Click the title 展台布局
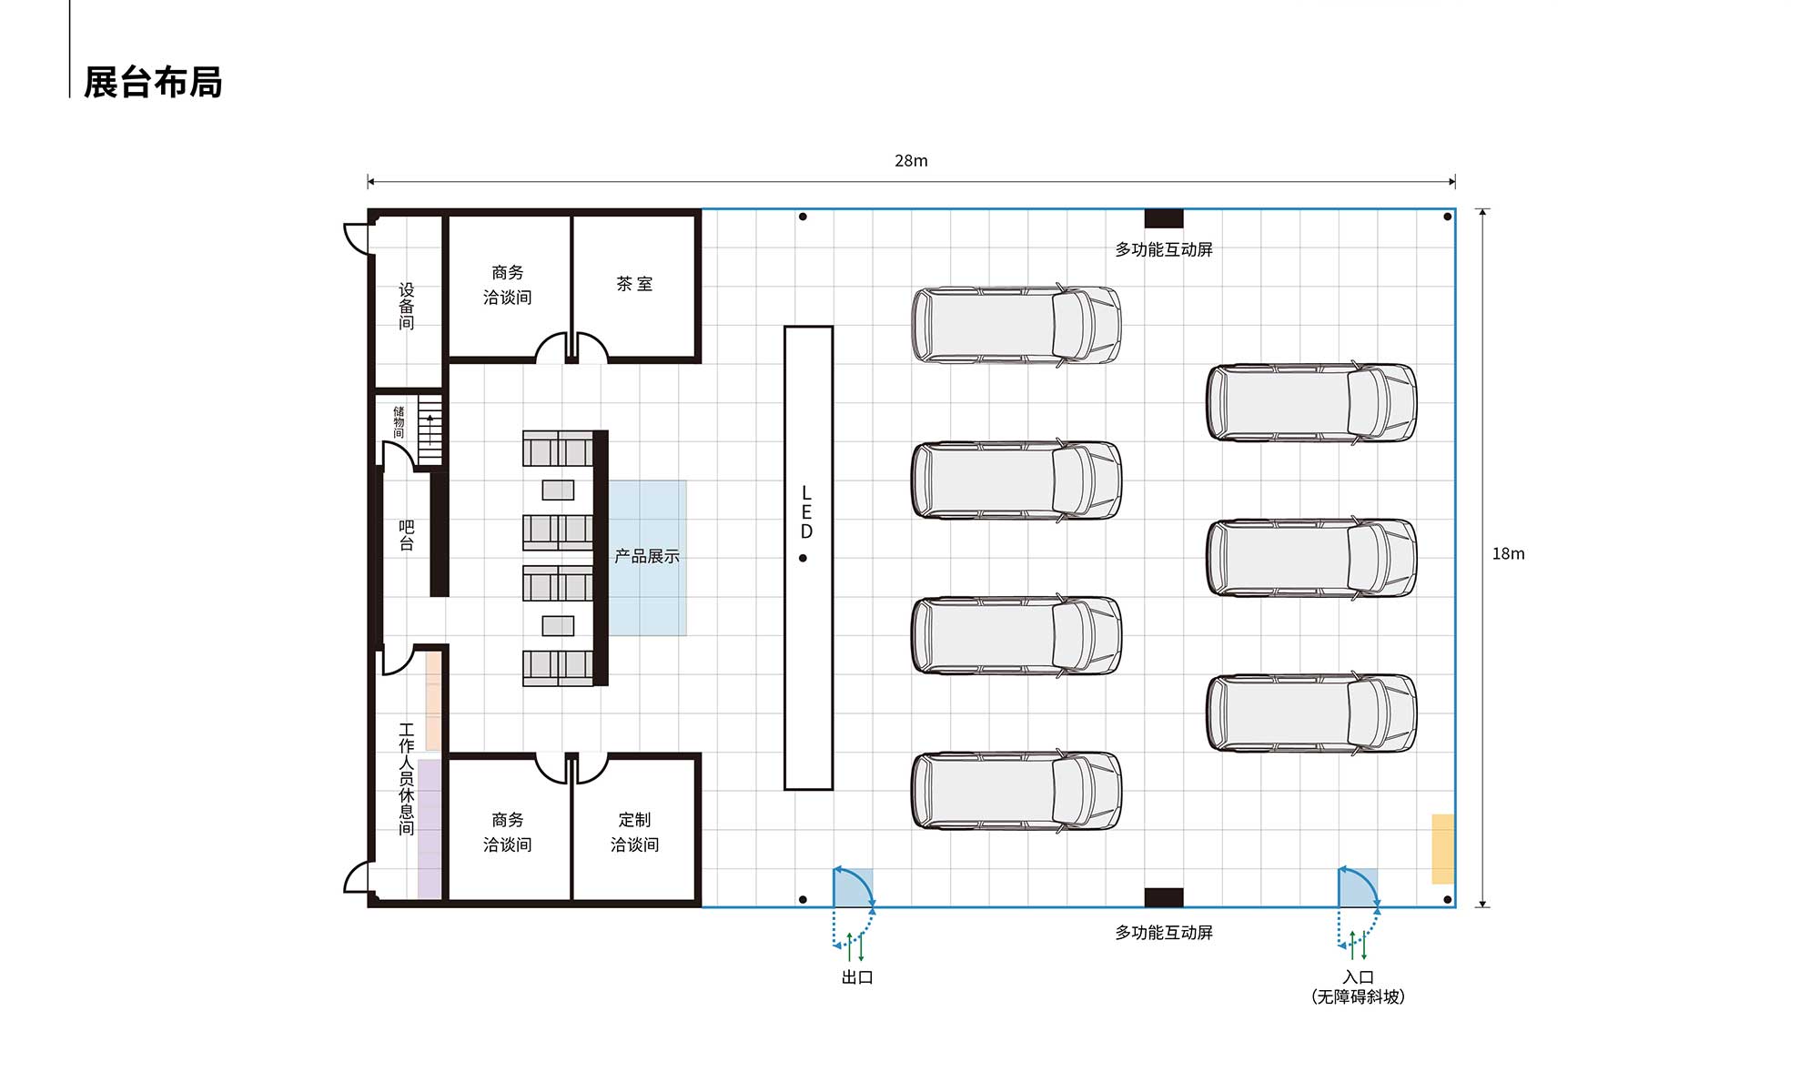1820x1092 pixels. click(x=153, y=82)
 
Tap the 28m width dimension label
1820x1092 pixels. click(x=911, y=161)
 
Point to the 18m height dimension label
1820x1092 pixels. click(x=1508, y=553)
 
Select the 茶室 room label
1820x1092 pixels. click(x=634, y=284)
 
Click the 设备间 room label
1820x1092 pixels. click(x=407, y=307)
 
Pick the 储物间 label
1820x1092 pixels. click(x=399, y=422)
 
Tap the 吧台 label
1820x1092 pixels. click(x=407, y=536)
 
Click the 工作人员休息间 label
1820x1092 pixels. click(x=407, y=779)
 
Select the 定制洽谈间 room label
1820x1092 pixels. click(x=634, y=832)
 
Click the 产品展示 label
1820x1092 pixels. click(x=647, y=556)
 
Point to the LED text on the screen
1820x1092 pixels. click(x=806, y=512)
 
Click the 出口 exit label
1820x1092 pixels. click(x=857, y=977)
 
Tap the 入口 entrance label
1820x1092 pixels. click(x=1358, y=977)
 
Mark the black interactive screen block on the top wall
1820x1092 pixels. click(x=1164, y=218)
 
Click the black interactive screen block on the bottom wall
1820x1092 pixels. click(x=1164, y=897)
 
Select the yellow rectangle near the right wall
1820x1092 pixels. click(x=1442, y=849)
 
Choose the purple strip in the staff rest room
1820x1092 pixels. click(x=430, y=829)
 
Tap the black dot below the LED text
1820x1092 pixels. click(x=803, y=558)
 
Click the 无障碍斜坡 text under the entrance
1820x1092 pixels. click(x=1358, y=997)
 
